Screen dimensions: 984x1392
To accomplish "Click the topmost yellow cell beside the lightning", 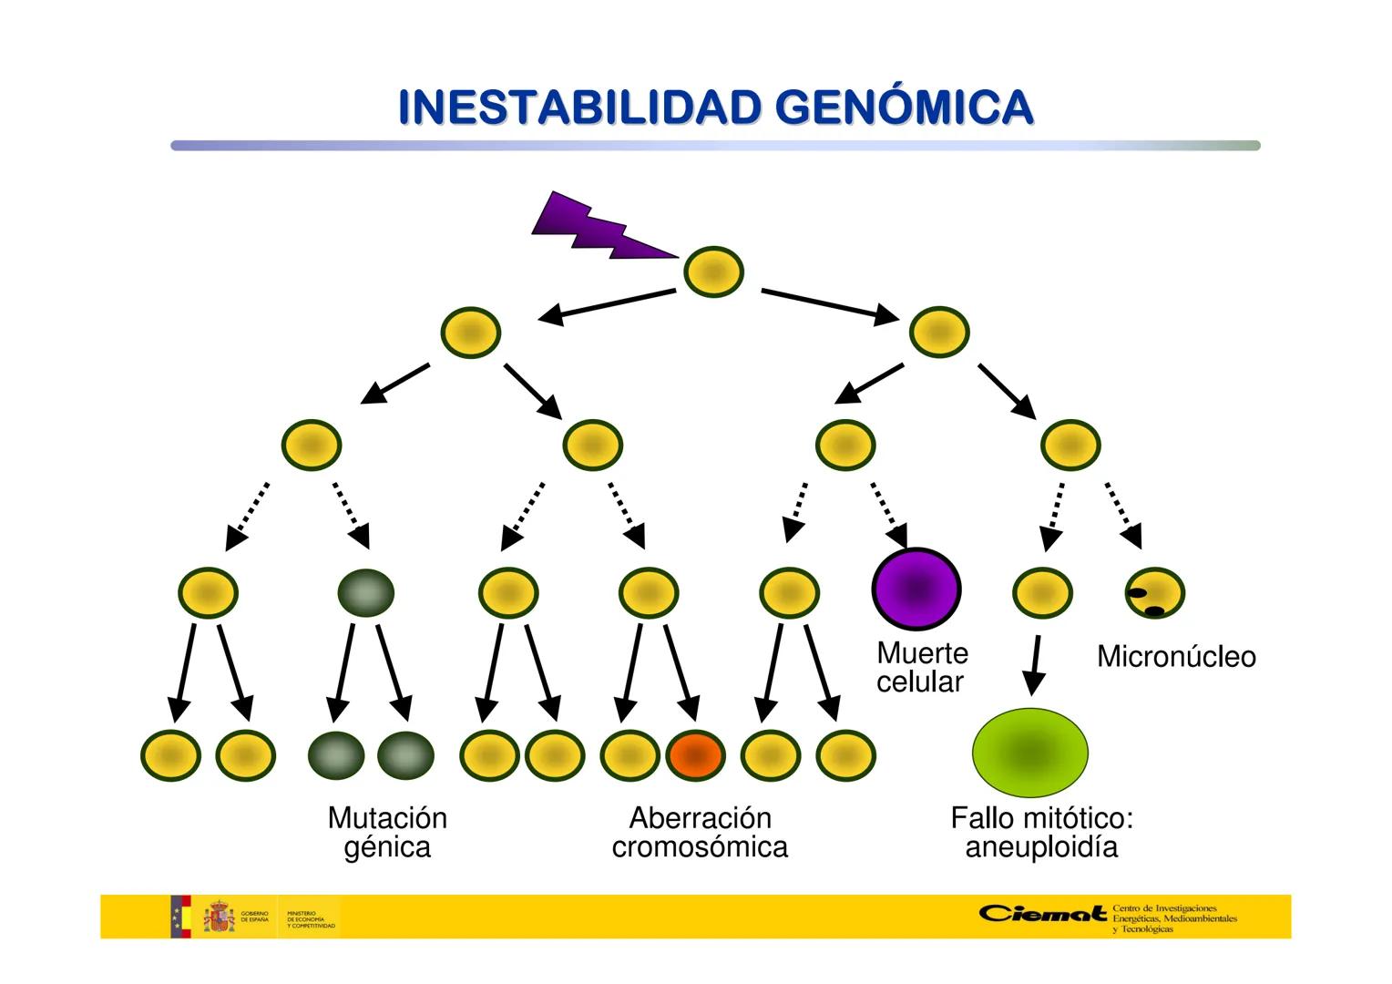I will click(x=713, y=272).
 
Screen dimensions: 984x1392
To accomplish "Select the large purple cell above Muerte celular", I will click(x=916, y=589).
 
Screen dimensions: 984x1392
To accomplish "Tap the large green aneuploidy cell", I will click(x=1030, y=752).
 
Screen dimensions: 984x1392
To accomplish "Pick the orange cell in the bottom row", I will click(x=695, y=755).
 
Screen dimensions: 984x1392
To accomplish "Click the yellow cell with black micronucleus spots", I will click(x=1154, y=593).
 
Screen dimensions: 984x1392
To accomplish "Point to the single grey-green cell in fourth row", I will click(x=365, y=592).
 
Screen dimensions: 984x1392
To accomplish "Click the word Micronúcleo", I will click(x=1175, y=657).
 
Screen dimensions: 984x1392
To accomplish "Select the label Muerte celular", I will click(x=921, y=667).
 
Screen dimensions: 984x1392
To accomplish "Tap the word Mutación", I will click(x=387, y=817).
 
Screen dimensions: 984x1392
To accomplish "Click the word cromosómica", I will click(x=699, y=847).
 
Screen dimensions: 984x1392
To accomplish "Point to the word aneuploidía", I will click(x=1040, y=847).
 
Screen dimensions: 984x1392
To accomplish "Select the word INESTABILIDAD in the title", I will click(x=579, y=108).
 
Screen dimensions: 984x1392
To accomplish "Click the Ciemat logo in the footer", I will click(x=1043, y=914).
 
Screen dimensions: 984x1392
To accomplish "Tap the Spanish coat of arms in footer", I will click(x=219, y=917).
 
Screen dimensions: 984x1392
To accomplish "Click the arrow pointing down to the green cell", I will click(x=1034, y=667).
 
